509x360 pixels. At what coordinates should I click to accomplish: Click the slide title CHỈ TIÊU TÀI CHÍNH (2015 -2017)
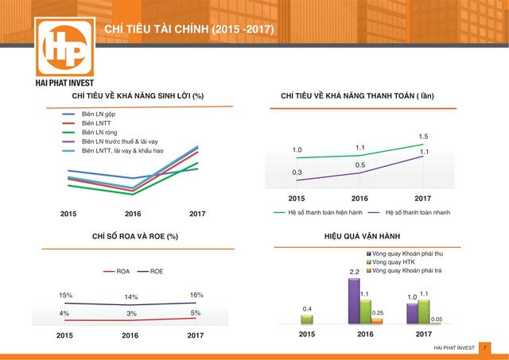click(x=189, y=30)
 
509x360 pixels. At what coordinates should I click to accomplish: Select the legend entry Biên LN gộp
click(x=99, y=114)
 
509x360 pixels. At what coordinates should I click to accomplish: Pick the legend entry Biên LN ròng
click(x=99, y=132)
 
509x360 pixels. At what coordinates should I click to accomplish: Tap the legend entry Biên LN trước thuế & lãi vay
click(x=119, y=141)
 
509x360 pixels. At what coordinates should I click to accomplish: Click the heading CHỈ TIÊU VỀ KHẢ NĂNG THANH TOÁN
click(x=357, y=97)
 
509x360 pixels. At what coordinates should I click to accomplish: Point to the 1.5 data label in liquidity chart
click(x=423, y=137)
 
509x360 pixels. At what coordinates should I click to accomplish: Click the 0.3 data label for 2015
click(x=297, y=172)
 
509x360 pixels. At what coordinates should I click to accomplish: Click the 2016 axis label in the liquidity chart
click(x=359, y=198)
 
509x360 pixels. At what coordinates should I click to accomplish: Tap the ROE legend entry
click(x=156, y=272)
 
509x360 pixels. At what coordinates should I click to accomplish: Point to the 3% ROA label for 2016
click(x=130, y=314)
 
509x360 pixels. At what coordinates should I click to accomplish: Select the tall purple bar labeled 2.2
click(x=354, y=302)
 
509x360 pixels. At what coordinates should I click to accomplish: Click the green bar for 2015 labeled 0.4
click(x=307, y=319)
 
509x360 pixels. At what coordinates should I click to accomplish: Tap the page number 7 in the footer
click(x=484, y=348)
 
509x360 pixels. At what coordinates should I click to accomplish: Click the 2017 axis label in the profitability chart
click(x=196, y=214)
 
